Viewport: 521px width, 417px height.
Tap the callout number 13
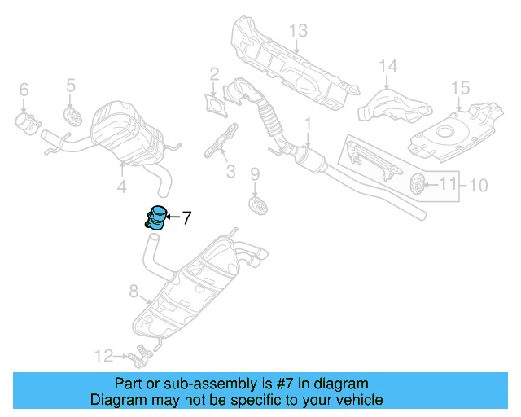[298, 31]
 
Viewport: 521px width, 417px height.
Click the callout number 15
[461, 87]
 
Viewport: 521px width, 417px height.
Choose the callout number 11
[449, 185]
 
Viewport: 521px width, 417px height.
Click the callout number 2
[214, 74]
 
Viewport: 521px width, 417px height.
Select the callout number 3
[230, 172]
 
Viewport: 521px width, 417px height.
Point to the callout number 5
[71, 84]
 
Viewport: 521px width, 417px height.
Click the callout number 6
[24, 89]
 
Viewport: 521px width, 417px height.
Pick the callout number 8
[134, 290]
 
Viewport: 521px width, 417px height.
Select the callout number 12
[103, 355]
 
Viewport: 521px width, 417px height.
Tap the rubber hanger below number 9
[256, 203]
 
